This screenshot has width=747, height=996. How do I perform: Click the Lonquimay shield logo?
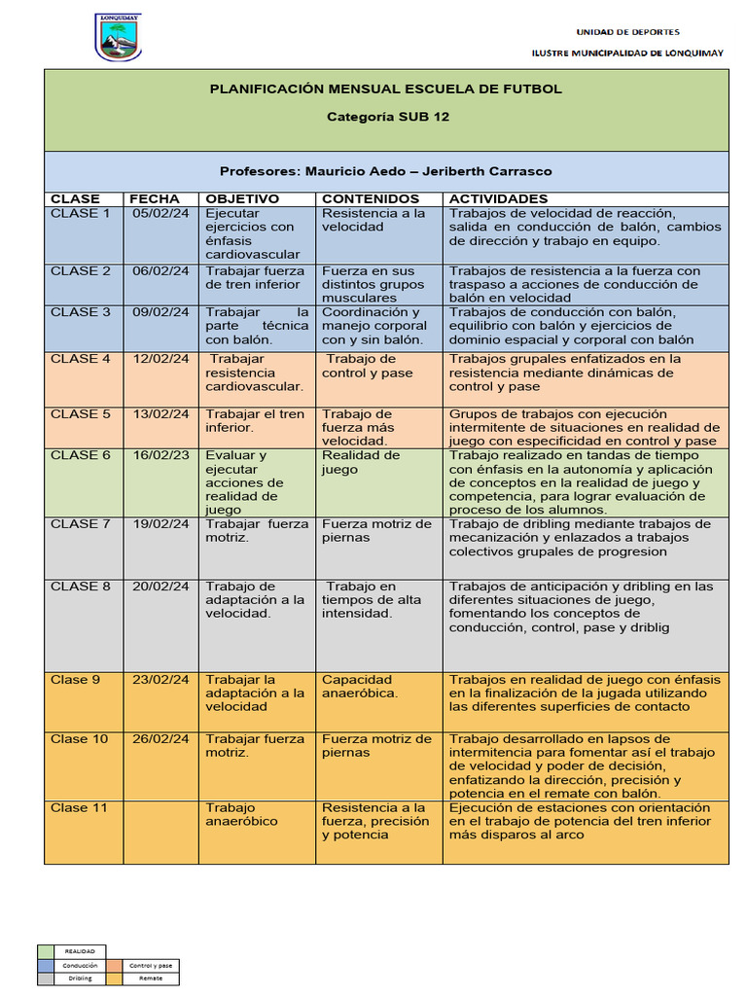click(x=118, y=37)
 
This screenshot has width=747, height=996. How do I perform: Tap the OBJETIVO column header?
click(x=242, y=198)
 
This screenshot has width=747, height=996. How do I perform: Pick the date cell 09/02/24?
click(x=160, y=312)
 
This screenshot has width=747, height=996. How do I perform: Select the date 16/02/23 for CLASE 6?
click(x=160, y=455)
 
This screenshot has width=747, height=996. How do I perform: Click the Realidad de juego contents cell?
click(x=361, y=462)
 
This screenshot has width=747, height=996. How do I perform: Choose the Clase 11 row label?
click(x=79, y=807)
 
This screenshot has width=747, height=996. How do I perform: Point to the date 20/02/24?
click(x=160, y=587)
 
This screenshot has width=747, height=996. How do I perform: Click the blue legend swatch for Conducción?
click(x=46, y=965)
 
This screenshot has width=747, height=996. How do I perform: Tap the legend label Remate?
click(x=151, y=978)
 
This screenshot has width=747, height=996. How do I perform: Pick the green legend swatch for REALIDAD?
click(x=46, y=951)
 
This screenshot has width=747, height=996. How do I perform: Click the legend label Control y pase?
click(x=151, y=965)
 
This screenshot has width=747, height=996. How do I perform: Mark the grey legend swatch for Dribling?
click(x=46, y=978)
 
